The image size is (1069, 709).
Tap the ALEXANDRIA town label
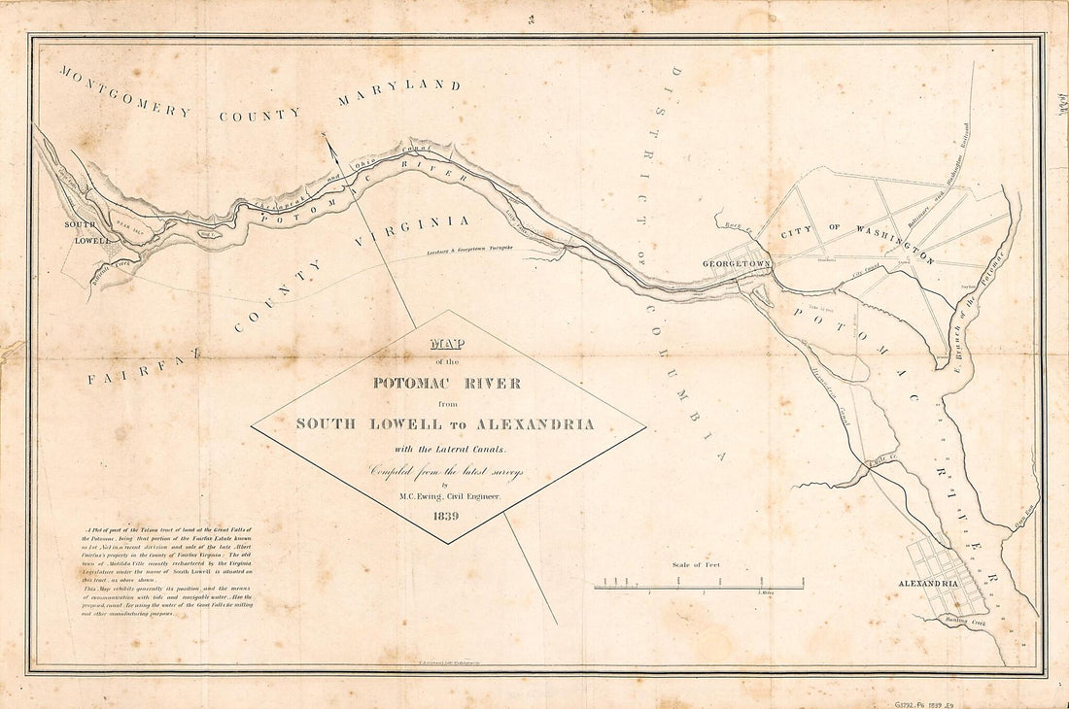pyautogui.click(x=928, y=584)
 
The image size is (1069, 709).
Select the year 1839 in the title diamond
pyautogui.click(x=448, y=515)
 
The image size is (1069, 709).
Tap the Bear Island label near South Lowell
pyautogui.click(x=129, y=219)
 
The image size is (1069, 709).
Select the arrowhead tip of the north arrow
pyautogui.click(x=326, y=136)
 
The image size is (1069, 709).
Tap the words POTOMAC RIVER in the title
pyautogui.click(x=447, y=383)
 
